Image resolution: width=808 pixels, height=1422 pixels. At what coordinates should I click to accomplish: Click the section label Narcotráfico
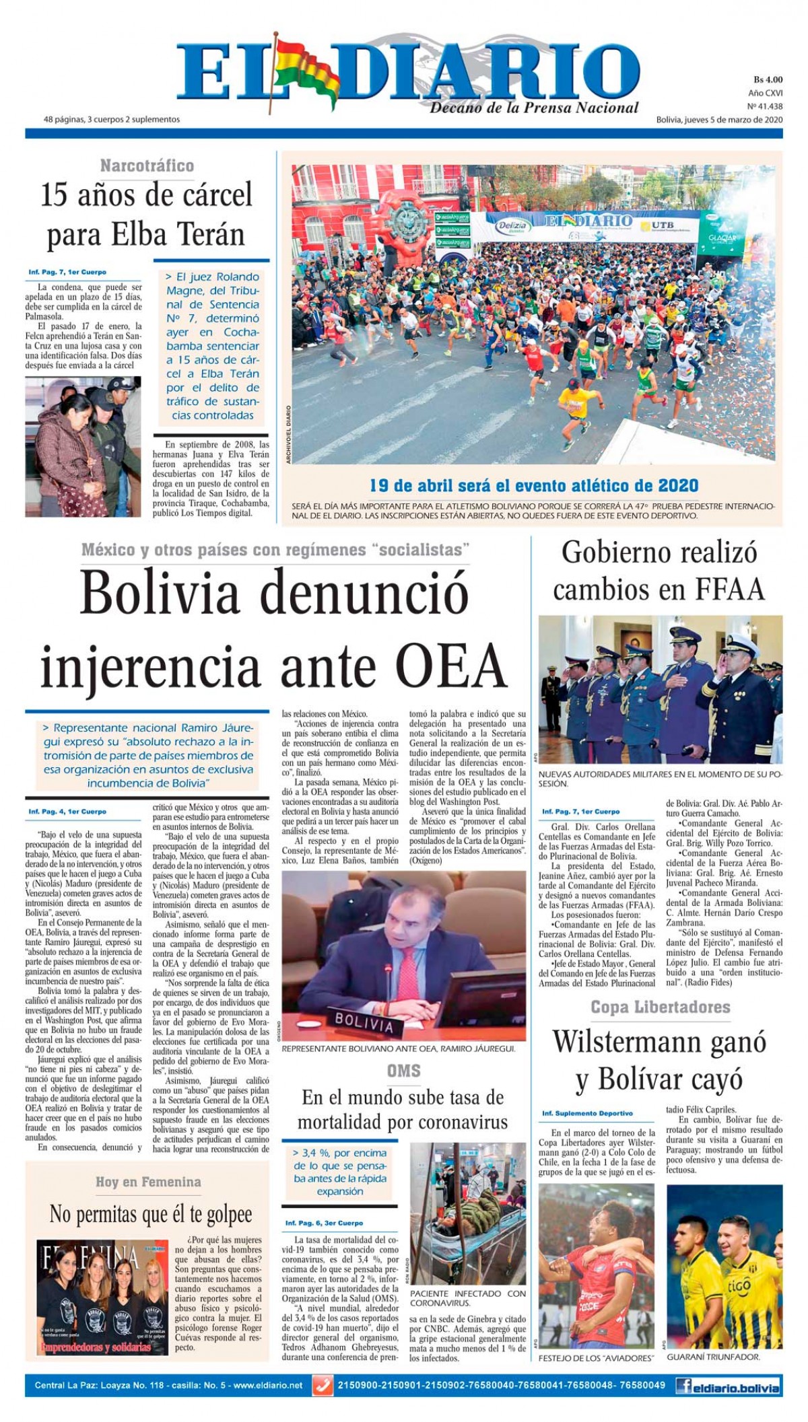[x=147, y=166]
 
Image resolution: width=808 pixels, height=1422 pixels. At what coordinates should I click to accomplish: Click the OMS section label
[x=403, y=1071]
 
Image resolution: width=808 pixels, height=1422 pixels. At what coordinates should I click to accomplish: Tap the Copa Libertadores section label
[x=660, y=1007]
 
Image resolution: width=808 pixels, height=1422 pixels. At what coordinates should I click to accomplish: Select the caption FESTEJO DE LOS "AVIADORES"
[x=596, y=1358]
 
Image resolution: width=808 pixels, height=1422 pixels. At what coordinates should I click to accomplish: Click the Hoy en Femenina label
[x=148, y=1182]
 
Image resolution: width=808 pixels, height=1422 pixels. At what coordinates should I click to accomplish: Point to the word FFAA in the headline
[x=727, y=590]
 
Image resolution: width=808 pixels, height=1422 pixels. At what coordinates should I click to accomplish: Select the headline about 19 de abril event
[x=533, y=485]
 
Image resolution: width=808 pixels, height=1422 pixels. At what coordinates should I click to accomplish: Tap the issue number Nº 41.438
[x=764, y=106]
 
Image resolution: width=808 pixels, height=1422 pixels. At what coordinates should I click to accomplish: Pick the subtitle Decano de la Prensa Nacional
[x=534, y=108]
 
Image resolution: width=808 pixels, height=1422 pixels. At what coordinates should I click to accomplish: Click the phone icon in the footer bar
[x=323, y=1386]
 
